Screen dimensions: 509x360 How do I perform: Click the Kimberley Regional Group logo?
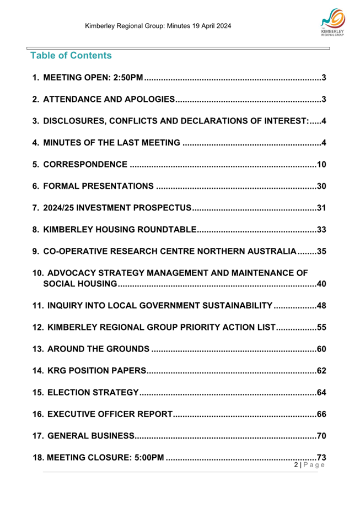point(332,25)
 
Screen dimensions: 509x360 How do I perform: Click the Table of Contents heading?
point(71,56)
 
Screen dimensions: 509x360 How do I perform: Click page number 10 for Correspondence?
point(322,165)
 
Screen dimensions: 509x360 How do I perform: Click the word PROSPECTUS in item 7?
point(162,208)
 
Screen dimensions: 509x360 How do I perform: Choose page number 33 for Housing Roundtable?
point(322,230)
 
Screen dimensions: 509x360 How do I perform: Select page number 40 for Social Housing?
point(322,284)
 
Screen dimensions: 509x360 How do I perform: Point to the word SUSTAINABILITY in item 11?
point(234,306)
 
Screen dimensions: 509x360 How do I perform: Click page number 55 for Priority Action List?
point(322,327)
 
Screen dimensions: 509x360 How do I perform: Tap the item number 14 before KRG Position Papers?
point(37,370)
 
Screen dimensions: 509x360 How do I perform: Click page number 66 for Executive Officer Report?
point(322,414)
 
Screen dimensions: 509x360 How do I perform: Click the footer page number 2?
point(297,465)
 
